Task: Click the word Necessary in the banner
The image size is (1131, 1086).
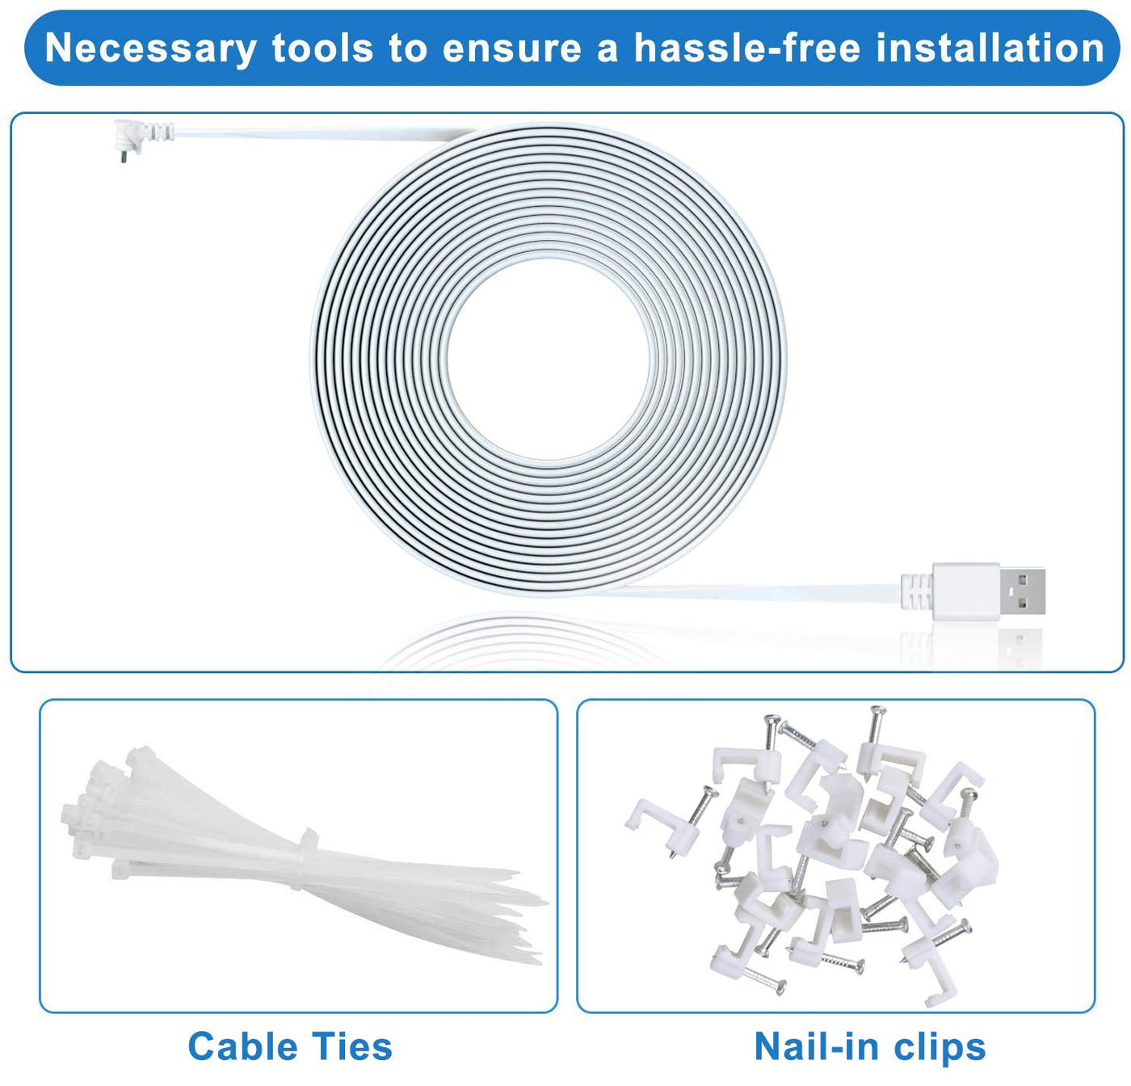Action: point(150,48)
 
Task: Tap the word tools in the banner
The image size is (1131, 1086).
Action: point(322,48)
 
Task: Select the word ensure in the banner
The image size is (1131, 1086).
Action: point(511,48)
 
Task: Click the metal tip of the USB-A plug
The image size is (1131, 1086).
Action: point(1022,592)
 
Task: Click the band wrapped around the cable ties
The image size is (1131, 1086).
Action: point(308,861)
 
